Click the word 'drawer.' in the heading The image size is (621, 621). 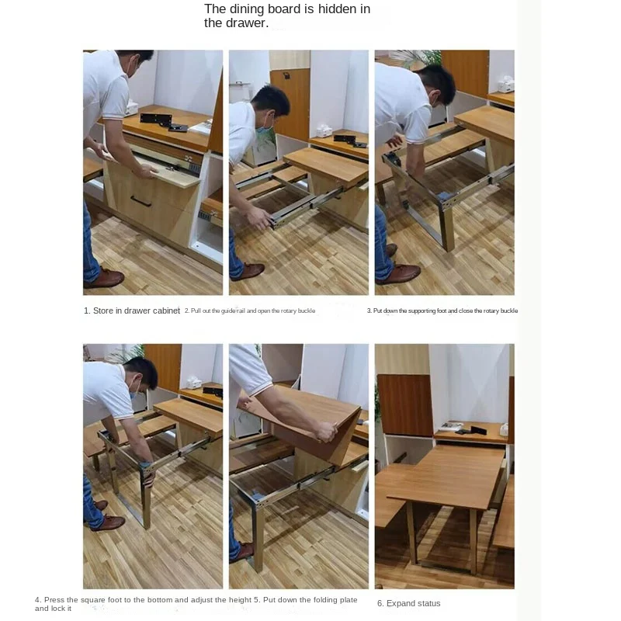[x=247, y=23]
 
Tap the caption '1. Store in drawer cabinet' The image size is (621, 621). [x=132, y=310]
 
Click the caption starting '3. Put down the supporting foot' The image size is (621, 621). [x=442, y=310]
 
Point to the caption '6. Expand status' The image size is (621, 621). [x=408, y=603]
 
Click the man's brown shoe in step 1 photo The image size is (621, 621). [x=105, y=278]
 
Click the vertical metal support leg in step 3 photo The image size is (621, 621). [x=448, y=225]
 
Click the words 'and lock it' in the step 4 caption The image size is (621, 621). [x=53, y=608]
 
